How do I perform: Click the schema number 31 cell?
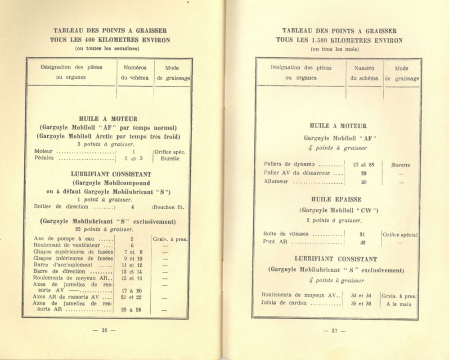click(x=362, y=234)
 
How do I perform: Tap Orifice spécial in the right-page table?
click(x=400, y=234)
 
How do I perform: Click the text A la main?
click(x=398, y=303)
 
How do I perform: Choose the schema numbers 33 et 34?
click(x=362, y=296)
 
